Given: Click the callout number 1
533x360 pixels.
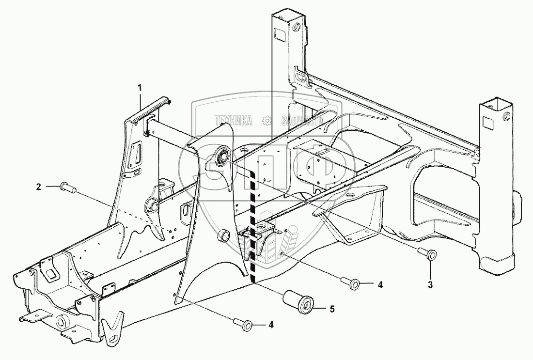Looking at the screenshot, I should [140, 88].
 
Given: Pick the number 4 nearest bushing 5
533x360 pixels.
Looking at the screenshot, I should [380, 285].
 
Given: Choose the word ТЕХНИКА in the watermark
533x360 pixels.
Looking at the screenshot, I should [235, 121].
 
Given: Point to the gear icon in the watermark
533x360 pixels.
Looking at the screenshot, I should [266, 121].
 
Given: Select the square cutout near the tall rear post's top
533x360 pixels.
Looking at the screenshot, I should [280, 35].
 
